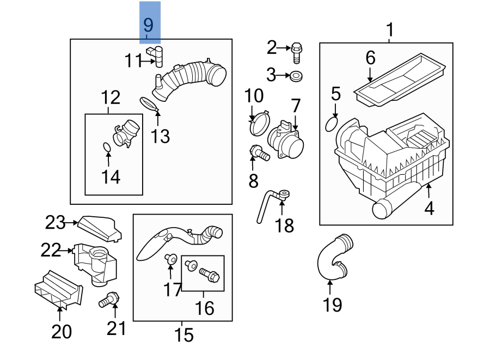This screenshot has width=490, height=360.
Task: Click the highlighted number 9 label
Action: point(149,25)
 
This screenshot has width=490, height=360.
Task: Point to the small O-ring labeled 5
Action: point(331,124)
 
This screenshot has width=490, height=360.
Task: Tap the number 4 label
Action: point(430,208)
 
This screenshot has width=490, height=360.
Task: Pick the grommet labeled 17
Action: point(170,260)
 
